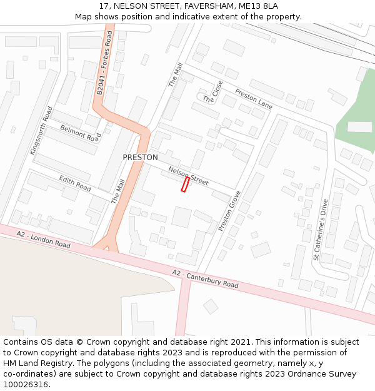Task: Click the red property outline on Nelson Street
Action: [185, 184]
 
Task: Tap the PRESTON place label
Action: [140, 158]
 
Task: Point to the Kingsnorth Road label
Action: [41, 131]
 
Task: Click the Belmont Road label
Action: [81, 133]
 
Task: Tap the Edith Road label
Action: [75, 183]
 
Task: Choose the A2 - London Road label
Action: [44, 240]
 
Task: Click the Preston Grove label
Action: [229, 211]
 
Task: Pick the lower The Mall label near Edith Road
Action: [118, 191]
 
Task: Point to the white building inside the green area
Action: [359, 127]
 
